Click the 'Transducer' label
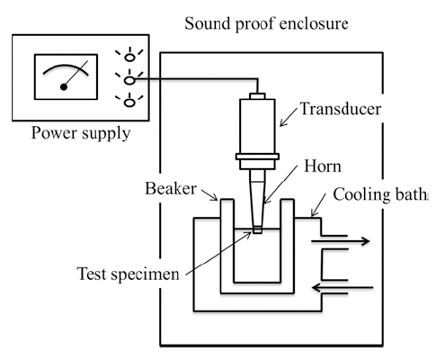coord(341,109)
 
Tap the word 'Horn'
coord(323,166)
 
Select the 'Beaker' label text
coord(171,188)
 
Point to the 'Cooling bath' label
coord(379,194)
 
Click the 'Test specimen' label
coord(129,274)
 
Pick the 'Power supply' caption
coord(81,133)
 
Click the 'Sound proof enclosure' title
coord(266,23)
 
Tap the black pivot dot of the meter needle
coord(64,87)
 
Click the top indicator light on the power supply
coord(129,57)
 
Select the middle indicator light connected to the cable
coord(129,80)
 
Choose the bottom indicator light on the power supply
coord(129,103)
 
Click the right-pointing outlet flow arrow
coord(340,241)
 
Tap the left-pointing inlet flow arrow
coord(343,288)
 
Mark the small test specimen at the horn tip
coord(257,230)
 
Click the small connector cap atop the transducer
coord(257,96)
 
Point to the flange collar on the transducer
coord(257,157)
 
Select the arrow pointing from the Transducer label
coord(289,117)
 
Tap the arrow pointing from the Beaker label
coord(209,195)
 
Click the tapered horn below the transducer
coord(257,198)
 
